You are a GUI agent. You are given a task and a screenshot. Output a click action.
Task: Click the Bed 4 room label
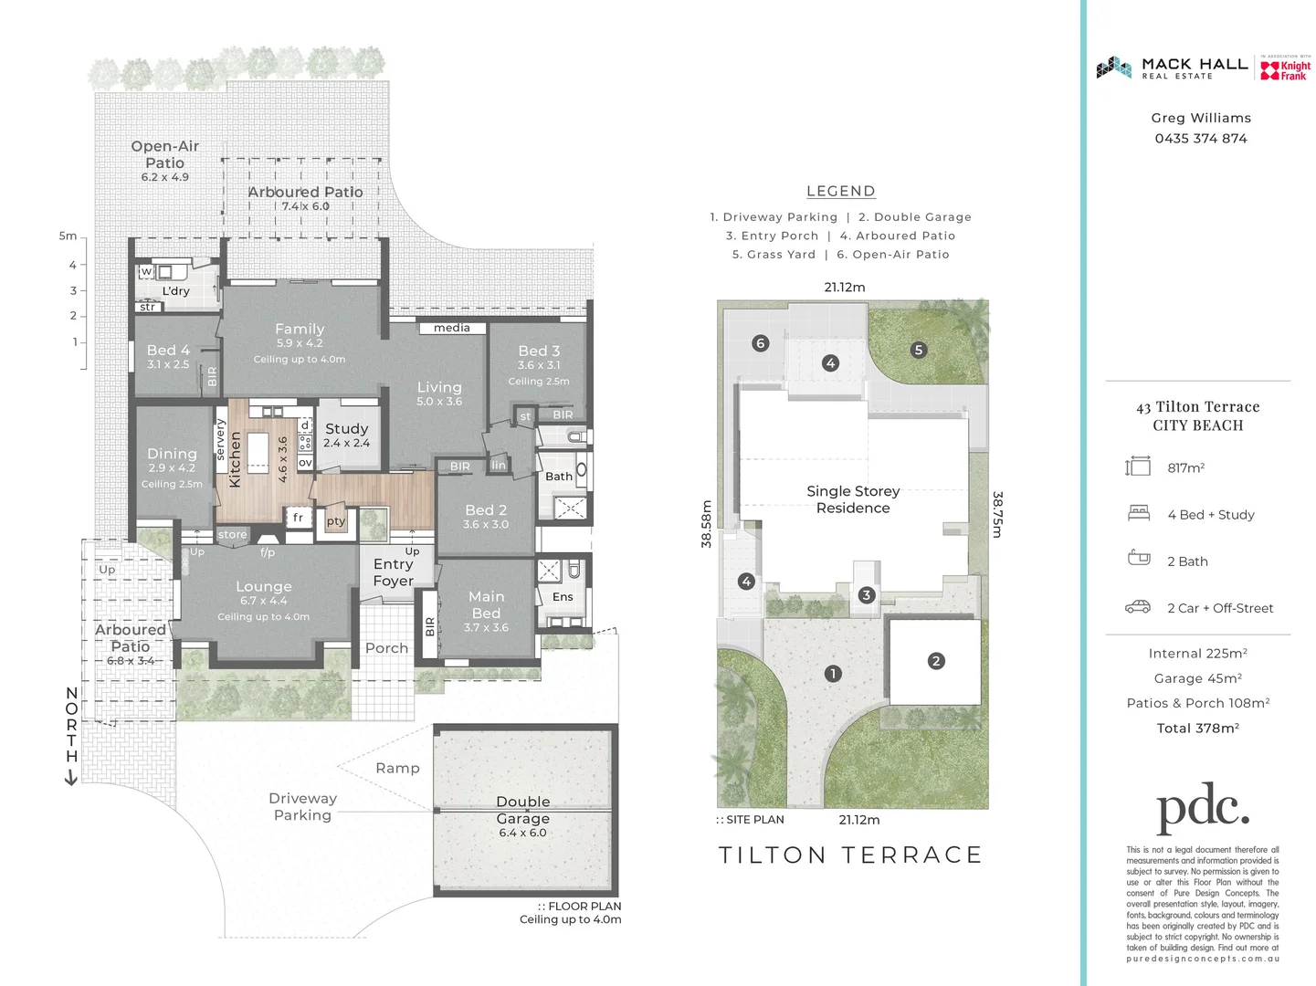168,351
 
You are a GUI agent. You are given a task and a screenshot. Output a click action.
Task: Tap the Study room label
346,429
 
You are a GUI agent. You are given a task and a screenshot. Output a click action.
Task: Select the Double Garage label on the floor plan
522,810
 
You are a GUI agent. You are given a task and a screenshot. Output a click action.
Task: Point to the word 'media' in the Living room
452,328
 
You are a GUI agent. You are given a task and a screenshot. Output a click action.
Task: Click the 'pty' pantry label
336,521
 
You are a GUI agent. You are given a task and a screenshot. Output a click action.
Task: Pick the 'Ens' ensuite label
563,597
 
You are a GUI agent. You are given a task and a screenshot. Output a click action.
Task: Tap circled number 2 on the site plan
935,661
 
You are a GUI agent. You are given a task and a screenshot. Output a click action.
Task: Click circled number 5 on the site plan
919,350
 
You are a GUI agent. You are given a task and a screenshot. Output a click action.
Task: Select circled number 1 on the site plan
832,674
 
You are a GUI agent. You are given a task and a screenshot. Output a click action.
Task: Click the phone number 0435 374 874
1200,139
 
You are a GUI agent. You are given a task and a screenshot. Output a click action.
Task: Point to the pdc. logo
1202,807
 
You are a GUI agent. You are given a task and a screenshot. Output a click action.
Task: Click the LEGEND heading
840,192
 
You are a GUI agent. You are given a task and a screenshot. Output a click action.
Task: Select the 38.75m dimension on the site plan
997,515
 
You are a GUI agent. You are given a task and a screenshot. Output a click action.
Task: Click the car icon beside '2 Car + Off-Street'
1138,607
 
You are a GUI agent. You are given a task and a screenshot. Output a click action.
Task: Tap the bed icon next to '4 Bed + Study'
1138,513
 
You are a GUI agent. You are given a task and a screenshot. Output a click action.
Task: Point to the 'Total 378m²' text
1197,729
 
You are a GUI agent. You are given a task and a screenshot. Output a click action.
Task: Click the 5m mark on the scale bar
68,236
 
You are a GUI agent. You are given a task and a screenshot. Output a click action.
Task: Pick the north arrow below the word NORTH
71,778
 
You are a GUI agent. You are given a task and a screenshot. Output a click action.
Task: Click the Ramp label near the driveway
397,769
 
